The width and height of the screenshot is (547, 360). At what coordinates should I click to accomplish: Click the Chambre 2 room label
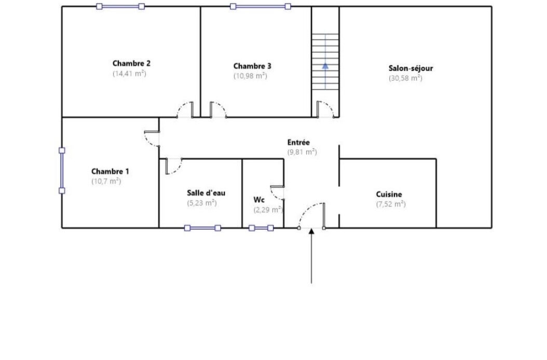131,63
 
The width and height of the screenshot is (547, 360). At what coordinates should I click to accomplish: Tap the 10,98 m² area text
250,76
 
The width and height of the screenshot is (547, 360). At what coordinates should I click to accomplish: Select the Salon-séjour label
411,68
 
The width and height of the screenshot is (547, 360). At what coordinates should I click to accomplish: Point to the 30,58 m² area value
405,78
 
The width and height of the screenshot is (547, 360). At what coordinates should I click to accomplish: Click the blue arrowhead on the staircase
325,65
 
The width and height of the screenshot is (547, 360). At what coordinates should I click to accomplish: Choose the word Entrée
298,142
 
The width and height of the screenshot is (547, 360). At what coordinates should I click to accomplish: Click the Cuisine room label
389,195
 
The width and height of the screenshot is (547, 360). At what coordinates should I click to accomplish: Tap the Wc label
259,200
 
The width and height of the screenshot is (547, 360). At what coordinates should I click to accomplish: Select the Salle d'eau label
206,193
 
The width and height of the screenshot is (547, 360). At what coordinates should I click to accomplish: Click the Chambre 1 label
110,171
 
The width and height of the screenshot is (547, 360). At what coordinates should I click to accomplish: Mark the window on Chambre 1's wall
62,171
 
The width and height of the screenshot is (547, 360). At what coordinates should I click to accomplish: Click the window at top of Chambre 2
120,6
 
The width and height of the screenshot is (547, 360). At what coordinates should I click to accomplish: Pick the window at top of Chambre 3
260,6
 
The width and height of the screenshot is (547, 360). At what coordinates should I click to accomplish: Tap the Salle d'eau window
202,228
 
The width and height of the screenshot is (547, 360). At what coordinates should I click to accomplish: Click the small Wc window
261,228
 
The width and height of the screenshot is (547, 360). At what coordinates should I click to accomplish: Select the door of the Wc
277,193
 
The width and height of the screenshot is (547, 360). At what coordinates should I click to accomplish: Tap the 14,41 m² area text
129,73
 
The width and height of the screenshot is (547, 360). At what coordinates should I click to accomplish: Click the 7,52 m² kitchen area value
391,204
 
